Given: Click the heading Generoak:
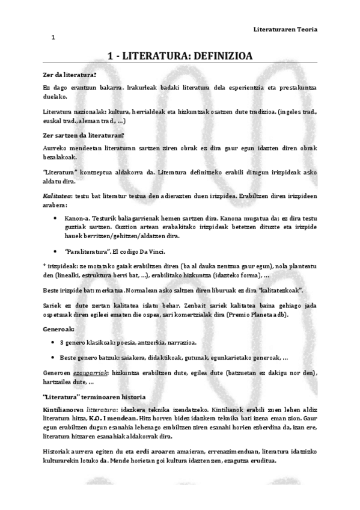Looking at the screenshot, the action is [x=59, y=330].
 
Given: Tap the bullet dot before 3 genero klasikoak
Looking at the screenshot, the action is [x=55, y=343].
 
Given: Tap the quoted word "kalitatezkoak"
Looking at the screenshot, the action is [x=279, y=290].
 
